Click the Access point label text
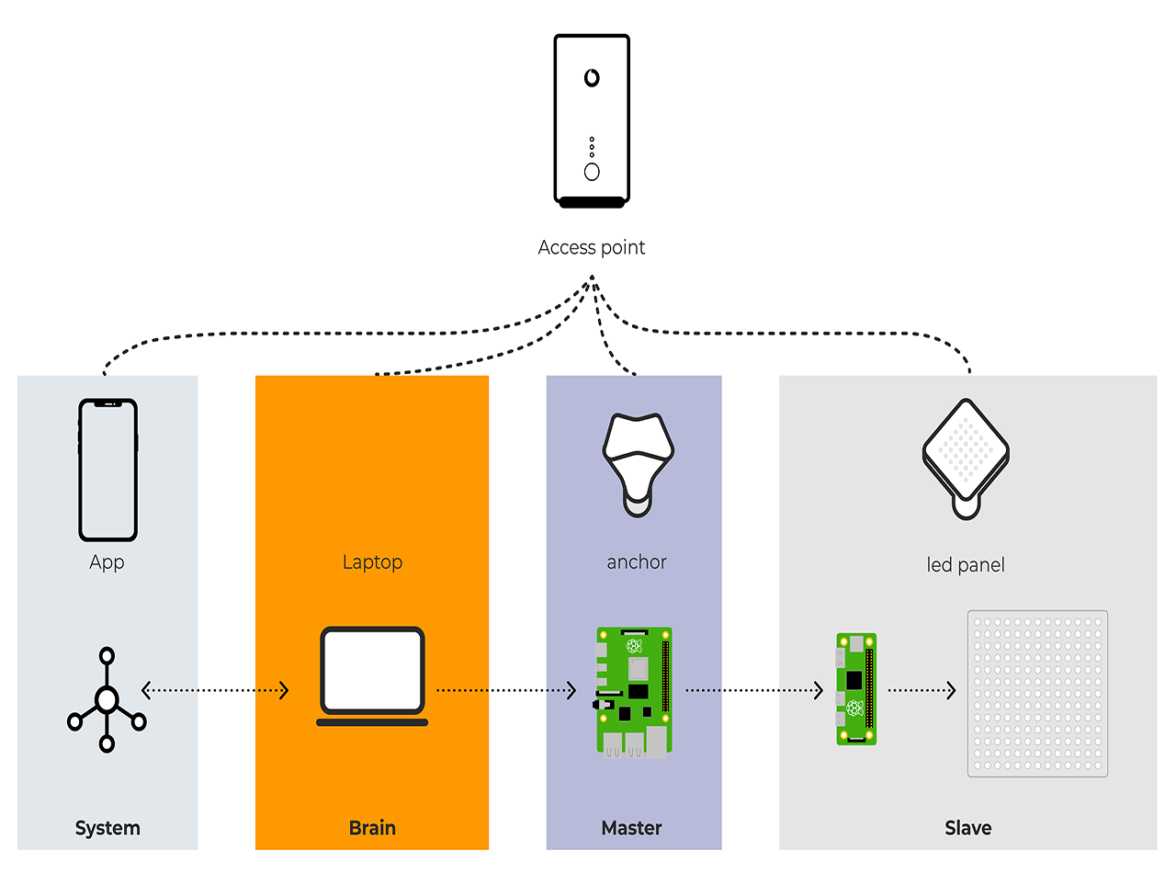[x=591, y=248]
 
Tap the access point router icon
[x=592, y=121]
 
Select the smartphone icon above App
[x=108, y=470]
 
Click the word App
[x=107, y=562]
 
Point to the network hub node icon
[x=107, y=699]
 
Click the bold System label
[x=107, y=828]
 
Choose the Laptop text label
[x=372, y=562]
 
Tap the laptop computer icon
[x=372, y=676]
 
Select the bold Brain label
[x=372, y=828]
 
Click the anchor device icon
[x=638, y=465]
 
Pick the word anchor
[x=637, y=562]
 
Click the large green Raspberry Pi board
[x=635, y=692]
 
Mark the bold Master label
[x=631, y=828]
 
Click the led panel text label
[x=966, y=565]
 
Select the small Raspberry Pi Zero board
[x=856, y=689]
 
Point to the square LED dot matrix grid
[x=1037, y=694]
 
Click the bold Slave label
[x=968, y=828]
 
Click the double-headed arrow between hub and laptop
[x=215, y=690]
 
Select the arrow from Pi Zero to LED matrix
[x=922, y=690]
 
